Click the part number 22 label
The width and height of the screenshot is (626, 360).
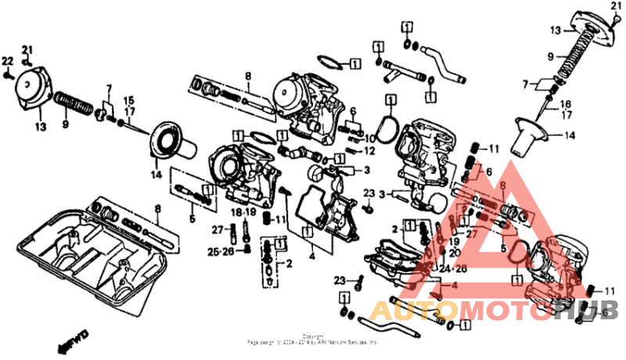[8, 61]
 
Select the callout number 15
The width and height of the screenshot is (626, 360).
[129, 100]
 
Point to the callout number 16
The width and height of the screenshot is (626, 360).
[567, 103]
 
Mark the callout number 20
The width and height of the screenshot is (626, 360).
[454, 253]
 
